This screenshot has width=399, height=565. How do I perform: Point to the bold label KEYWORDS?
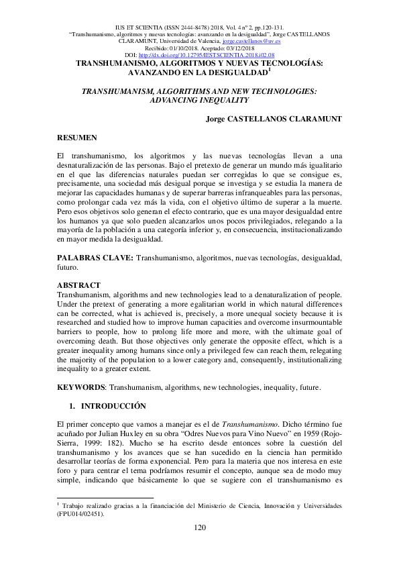[81, 387]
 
